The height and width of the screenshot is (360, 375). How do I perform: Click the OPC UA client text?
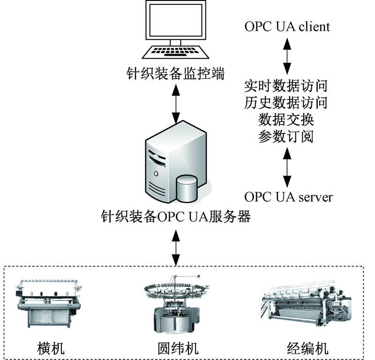click(287, 26)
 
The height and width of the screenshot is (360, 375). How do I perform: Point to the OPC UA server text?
click(288, 197)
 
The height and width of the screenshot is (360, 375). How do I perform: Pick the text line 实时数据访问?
click(286, 86)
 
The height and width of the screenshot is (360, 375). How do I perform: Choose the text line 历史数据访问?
click(286, 102)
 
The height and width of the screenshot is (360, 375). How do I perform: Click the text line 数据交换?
click(286, 119)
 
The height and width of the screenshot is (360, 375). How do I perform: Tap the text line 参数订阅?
click(286, 136)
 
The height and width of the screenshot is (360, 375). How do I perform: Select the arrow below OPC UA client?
click(287, 55)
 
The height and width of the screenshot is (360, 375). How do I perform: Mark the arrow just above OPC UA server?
click(287, 167)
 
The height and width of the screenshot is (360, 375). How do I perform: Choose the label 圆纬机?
click(178, 348)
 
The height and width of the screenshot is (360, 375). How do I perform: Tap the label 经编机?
click(307, 348)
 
